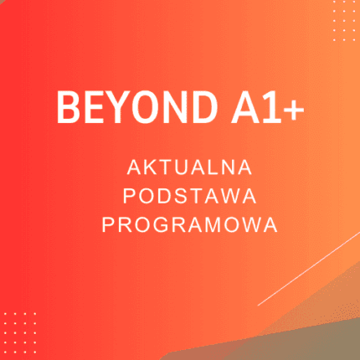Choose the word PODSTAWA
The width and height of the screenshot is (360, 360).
(190, 197)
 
